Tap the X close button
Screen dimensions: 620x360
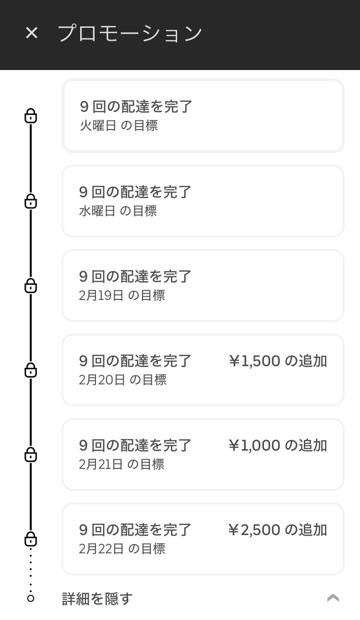click(x=32, y=33)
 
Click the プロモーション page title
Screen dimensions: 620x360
click(x=130, y=34)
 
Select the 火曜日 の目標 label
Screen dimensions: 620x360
click(x=119, y=126)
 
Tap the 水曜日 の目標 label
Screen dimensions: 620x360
click(x=118, y=211)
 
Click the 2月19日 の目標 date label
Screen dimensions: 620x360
click(x=122, y=295)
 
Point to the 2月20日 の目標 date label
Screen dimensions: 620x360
click(x=123, y=380)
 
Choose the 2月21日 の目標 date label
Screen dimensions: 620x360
click(x=122, y=464)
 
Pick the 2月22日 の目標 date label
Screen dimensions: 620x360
click(x=122, y=548)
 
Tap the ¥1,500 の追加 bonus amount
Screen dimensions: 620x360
click(x=278, y=361)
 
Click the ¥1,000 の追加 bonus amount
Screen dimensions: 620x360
click(x=278, y=445)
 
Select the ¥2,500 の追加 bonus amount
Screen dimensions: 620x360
click(x=278, y=530)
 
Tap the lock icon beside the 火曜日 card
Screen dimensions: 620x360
click(x=31, y=116)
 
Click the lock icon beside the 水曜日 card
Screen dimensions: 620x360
click(x=31, y=201)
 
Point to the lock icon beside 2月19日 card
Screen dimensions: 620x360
click(x=31, y=286)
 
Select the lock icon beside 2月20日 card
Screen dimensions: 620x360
click(x=31, y=370)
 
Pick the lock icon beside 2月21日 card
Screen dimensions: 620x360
click(x=31, y=454)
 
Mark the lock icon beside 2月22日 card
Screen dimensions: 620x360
click(x=31, y=539)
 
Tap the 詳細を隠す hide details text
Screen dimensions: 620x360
click(x=97, y=598)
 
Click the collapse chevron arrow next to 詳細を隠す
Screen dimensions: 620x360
click(x=333, y=598)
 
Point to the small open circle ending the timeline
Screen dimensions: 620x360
click(x=31, y=598)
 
